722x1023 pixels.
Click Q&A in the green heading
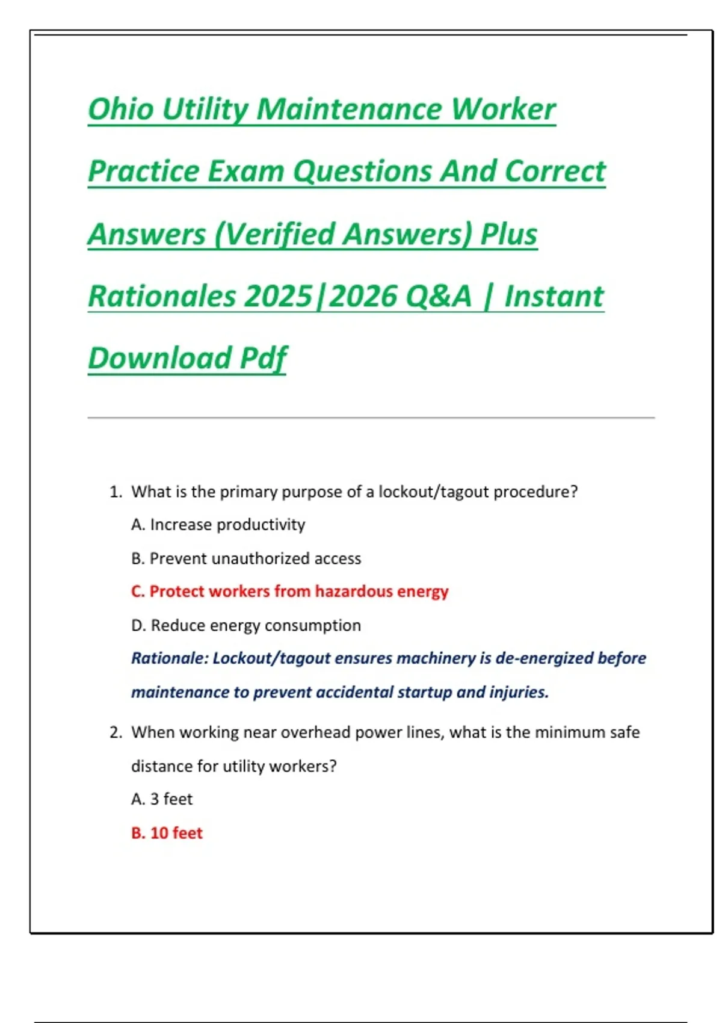tap(438, 296)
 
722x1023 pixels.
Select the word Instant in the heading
tap(554, 296)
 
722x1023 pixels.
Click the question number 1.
tap(115, 492)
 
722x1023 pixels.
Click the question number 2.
tap(115, 732)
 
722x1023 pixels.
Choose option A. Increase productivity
tap(218, 525)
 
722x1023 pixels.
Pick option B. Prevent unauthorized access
tap(246, 558)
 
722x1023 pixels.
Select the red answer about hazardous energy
tap(289, 592)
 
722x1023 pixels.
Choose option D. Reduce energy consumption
tap(246, 625)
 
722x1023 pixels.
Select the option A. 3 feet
tap(162, 799)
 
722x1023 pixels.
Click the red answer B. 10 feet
tap(167, 833)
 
